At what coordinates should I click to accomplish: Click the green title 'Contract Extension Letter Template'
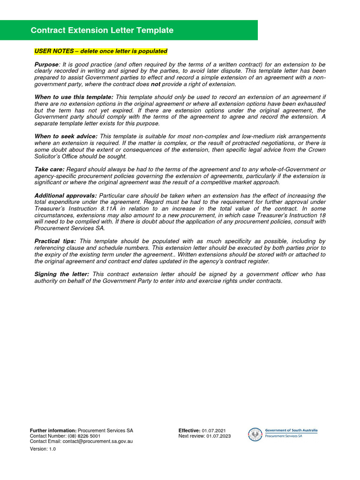tap(102, 30)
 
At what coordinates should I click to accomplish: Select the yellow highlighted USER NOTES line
tap(101, 51)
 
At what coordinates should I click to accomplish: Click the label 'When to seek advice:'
tap(66, 136)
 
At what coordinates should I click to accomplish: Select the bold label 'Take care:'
tap(50, 169)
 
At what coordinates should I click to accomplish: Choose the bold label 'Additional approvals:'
tap(66, 195)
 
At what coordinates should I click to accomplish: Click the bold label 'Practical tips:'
tap(55, 241)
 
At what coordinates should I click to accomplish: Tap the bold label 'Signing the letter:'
tap(62, 274)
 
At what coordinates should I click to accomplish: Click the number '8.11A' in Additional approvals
tap(99, 209)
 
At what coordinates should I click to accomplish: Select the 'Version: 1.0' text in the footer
tap(43, 449)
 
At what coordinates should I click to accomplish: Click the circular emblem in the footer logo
tap(255, 435)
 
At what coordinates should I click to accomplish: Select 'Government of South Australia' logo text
tap(291, 430)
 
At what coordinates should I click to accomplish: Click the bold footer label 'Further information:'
tap(53, 430)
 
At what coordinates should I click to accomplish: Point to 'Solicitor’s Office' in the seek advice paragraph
tap(58, 156)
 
